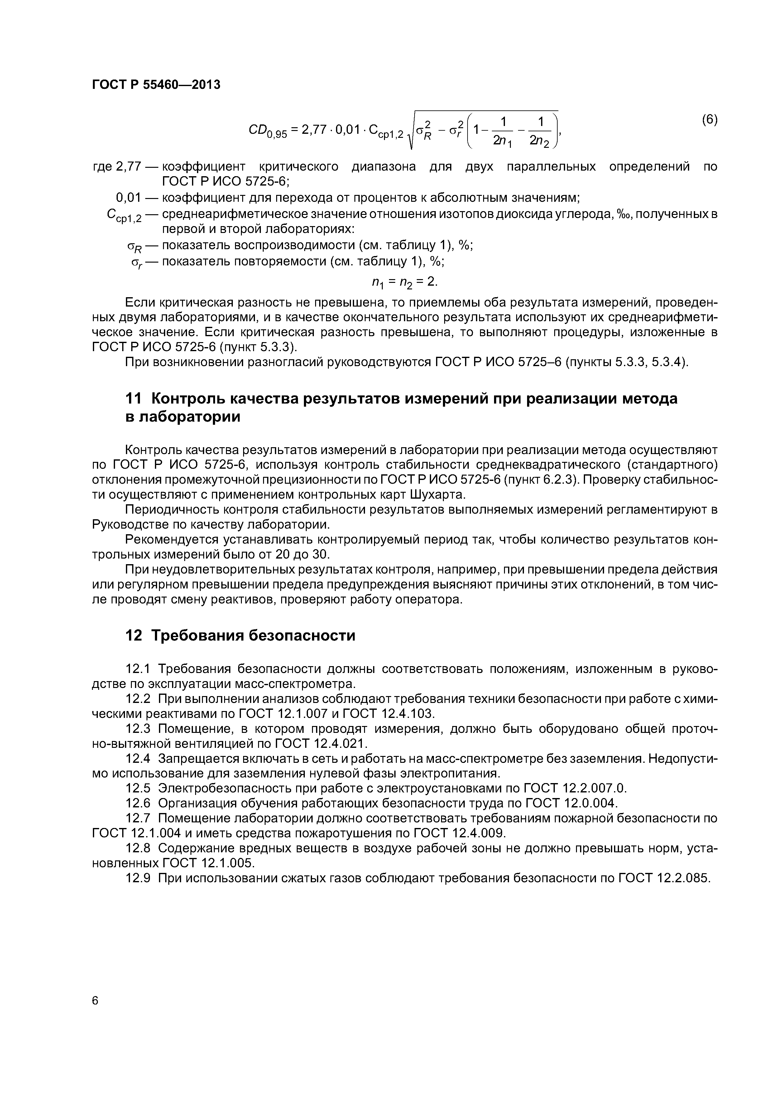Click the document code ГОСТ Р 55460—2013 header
click(x=156, y=85)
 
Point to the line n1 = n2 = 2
click(x=404, y=283)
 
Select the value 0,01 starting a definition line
click(x=128, y=197)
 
